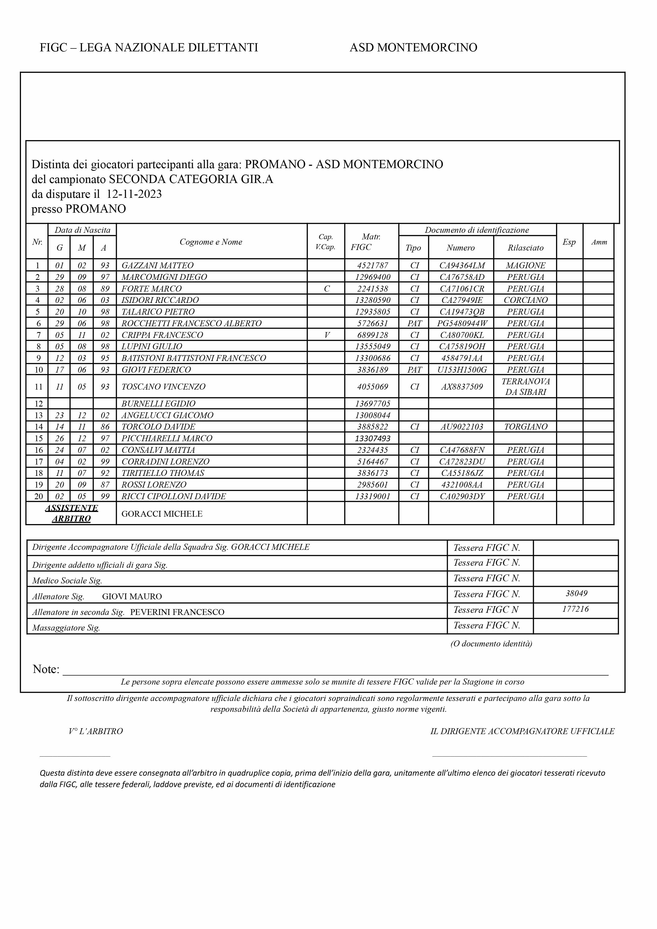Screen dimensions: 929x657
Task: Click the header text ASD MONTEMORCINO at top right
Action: tap(413, 48)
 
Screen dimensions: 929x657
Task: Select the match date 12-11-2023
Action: tap(134, 194)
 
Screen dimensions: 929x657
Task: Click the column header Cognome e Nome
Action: tap(211, 242)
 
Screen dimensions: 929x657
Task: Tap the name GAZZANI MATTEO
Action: tap(157, 265)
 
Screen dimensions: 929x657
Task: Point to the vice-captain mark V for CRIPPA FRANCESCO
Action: tap(327, 335)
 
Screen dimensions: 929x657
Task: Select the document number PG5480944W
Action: tap(462, 323)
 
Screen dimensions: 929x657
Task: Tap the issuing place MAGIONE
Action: tap(525, 265)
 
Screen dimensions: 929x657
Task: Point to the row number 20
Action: tap(38, 497)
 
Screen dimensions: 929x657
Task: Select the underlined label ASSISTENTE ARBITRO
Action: tap(71, 513)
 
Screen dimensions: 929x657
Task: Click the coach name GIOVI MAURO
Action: tap(132, 596)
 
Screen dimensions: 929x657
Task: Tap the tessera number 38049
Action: tap(576, 593)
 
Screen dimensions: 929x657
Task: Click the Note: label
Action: tap(46, 669)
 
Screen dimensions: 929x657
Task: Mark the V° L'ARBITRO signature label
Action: tap(96, 731)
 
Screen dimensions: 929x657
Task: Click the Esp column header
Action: tap(569, 242)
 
